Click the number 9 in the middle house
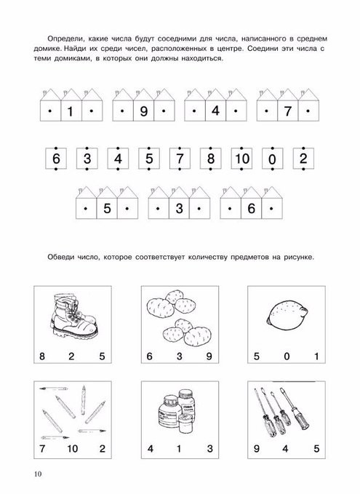click(x=143, y=111)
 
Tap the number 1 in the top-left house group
click(x=71, y=111)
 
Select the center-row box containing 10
click(x=242, y=159)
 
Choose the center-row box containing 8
click(x=211, y=159)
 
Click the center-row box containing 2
click(x=303, y=159)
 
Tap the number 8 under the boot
click(x=42, y=356)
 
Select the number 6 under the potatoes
click(x=149, y=356)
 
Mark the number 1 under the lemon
click(x=316, y=356)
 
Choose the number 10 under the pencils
click(x=72, y=448)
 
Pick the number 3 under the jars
click(x=210, y=448)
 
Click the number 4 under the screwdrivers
click(x=285, y=448)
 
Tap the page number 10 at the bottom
click(x=38, y=474)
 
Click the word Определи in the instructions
click(x=66, y=39)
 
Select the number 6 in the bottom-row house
click(x=251, y=208)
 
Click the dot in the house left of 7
click(x=267, y=111)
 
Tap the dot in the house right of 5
click(x=127, y=208)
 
